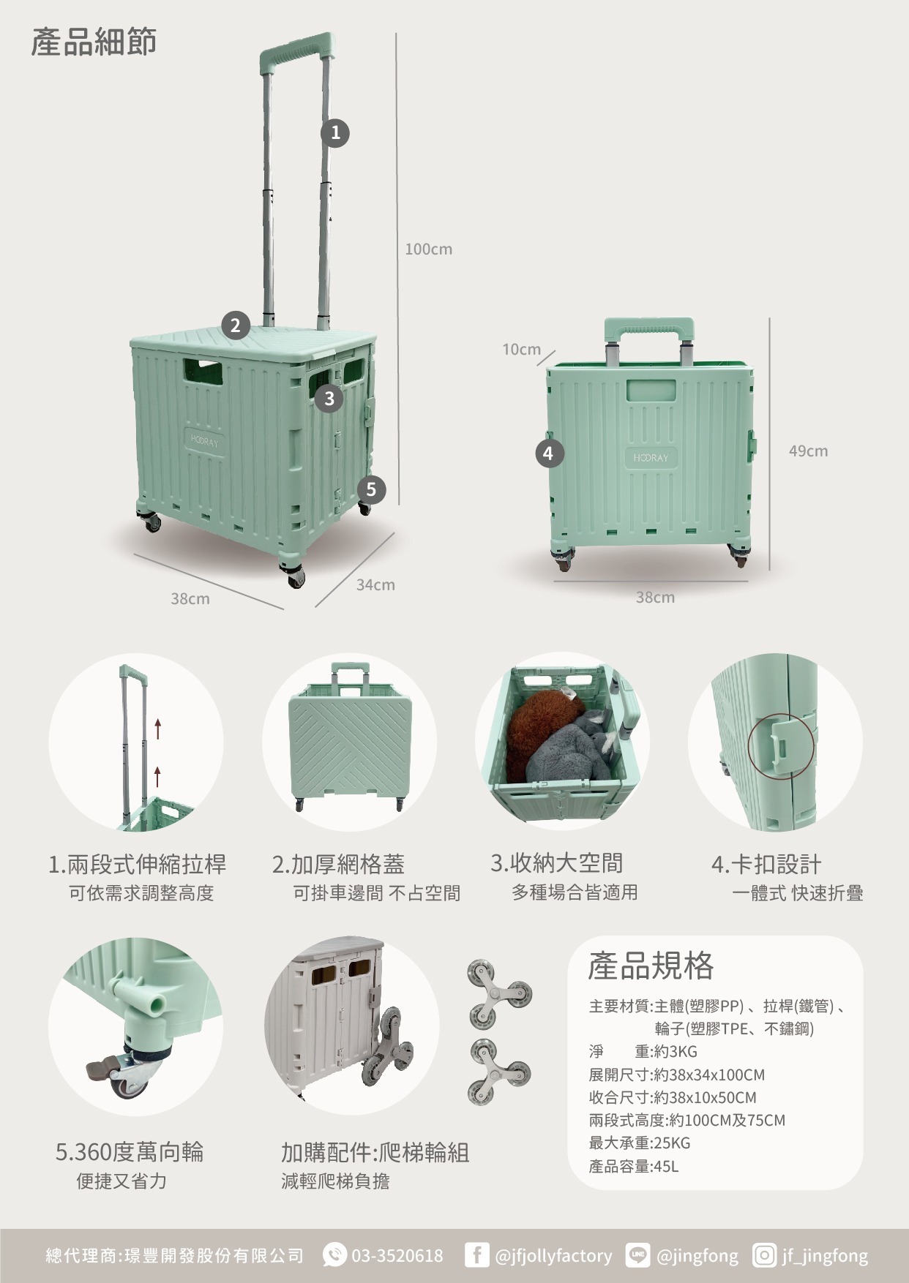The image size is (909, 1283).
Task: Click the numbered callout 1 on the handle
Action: (335, 133)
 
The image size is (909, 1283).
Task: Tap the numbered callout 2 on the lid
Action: (235, 326)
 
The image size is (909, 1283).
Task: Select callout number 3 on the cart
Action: (329, 398)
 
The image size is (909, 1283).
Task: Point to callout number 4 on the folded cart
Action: (549, 454)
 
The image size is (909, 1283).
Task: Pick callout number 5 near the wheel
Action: (371, 489)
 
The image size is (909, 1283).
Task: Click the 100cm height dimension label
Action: (429, 249)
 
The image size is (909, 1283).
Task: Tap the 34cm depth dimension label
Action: (375, 585)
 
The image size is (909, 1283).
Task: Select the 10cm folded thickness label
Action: (521, 350)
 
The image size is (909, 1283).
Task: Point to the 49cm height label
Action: (808, 451)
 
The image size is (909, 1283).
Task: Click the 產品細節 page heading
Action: (94, 42)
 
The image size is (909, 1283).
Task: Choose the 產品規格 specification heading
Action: (651, 966)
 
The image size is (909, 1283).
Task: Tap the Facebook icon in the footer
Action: (476, 1255)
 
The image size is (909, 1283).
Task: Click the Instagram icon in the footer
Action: (764, 1255)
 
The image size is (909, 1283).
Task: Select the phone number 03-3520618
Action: (397, 1256)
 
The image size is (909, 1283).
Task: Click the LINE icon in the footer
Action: (637, 1255)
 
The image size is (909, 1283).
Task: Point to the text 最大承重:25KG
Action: (640, 1143)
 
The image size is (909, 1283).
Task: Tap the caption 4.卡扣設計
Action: (766, 864)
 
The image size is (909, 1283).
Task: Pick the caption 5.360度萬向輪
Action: (130, 1152)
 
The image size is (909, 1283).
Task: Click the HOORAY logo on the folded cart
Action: (651, 458)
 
